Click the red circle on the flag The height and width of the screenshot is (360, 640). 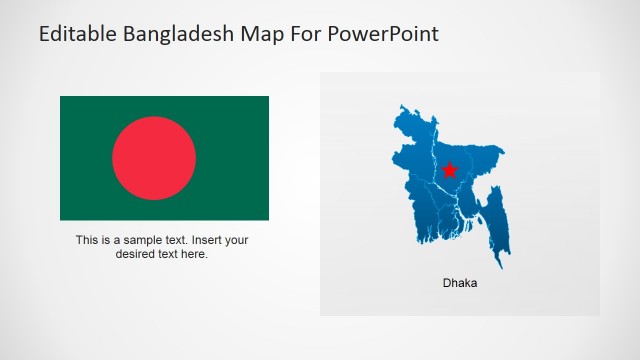point(154,158)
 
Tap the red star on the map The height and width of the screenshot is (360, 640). point(449,169)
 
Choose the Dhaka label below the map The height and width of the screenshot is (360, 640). point(460,283)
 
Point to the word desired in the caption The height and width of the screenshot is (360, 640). point(136,254)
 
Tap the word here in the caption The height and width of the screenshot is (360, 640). point(193,254)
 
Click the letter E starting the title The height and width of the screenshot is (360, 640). point(45,34)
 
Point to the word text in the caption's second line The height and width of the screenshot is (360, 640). point(167,254)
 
